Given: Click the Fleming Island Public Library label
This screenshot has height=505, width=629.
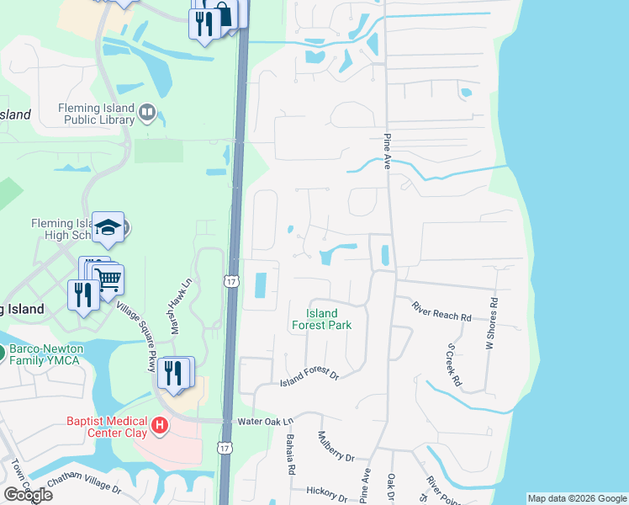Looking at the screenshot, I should [96, 114].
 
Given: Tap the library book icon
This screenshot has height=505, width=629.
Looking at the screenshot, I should [148, 112].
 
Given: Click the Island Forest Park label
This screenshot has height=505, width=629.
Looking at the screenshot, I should [321, 319].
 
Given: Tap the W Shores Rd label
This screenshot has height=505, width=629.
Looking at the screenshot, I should [492, 323].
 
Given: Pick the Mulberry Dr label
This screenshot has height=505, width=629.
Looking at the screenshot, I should [336, 446].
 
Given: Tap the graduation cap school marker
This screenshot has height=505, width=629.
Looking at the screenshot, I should [108, 226].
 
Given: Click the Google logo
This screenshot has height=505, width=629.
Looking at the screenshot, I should [27, 495].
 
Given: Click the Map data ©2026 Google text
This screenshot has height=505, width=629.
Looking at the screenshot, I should [577, 498].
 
